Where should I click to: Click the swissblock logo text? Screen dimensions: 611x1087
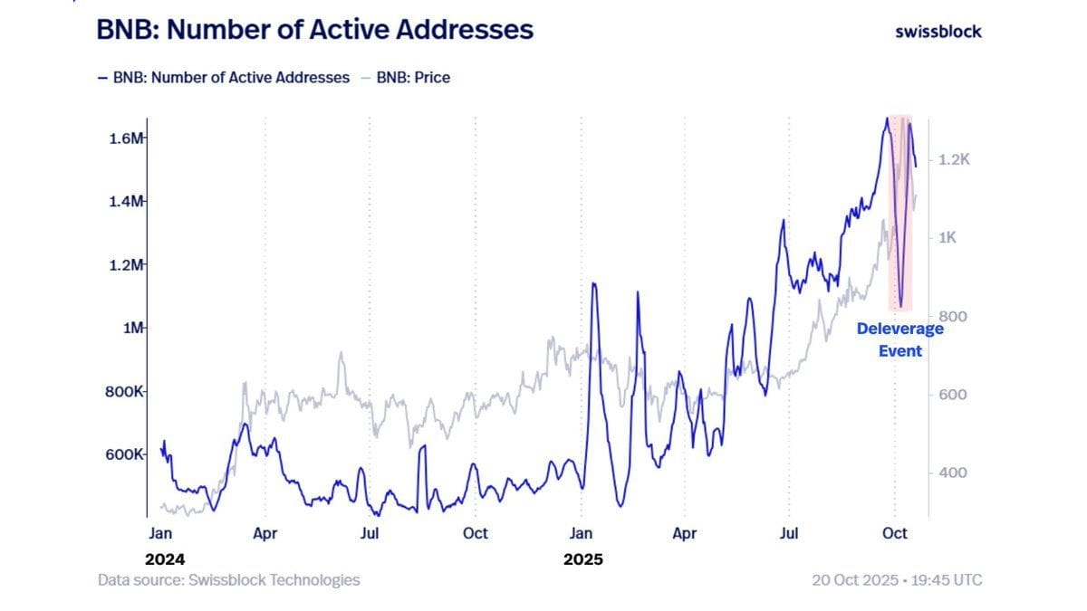[938, 31]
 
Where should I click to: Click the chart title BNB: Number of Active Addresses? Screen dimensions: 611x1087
[314, 29]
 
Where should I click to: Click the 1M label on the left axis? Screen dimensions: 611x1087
[133, 328]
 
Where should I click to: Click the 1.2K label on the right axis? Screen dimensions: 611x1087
[955, 159]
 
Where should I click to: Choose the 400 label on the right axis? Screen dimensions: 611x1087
[950, 473]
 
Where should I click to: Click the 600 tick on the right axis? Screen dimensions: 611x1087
[950, 395]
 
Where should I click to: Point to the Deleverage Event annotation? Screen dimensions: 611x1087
[899, 339]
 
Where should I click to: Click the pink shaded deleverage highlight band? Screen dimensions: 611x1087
[900, 213]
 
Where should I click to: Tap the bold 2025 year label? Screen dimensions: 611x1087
[582, 559]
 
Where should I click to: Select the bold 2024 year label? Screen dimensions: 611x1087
[164, 559]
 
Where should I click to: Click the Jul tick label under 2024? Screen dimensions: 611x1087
[370, 534]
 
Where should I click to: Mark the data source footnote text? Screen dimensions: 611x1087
[228, 580]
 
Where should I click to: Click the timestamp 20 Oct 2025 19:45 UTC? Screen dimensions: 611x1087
[896, 580]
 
